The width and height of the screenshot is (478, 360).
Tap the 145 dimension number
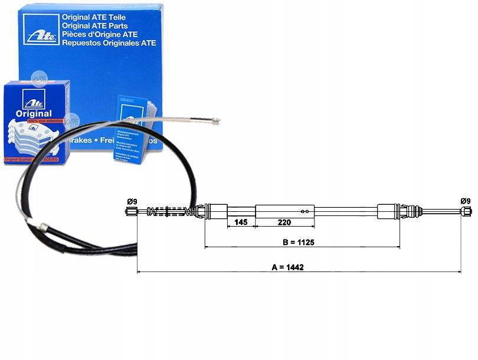(x=241, y=222)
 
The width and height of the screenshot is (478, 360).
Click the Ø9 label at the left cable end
(x=132, y=202)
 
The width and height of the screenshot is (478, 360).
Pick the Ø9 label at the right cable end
(x=466, y=201)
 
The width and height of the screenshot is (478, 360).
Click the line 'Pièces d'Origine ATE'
(x=102, y=34)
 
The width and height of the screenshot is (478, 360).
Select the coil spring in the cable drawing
(x=171, y=211)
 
